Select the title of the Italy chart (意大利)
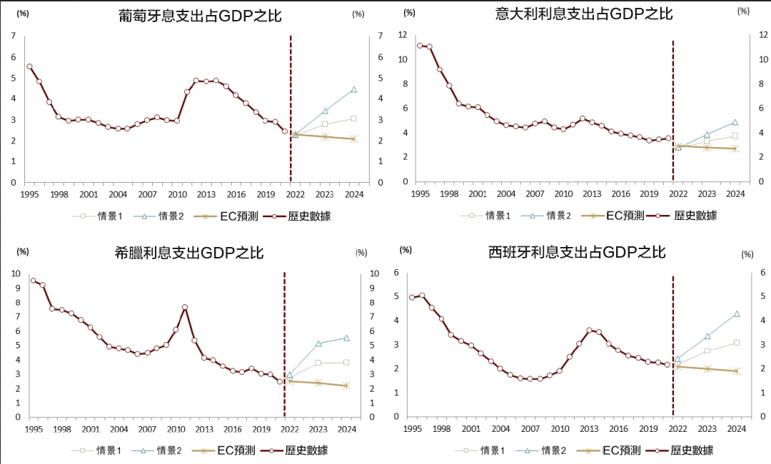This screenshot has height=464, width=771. point(584,14)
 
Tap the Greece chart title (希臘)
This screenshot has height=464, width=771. point(189,253)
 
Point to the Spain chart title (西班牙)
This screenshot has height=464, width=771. point(577,252)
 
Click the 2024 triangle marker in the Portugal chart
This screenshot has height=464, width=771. point(354,90)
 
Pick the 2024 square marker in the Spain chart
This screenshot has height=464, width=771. point(736,343)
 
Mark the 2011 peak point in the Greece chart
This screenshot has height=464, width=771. point(185,307)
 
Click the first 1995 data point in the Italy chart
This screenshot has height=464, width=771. point(420,46)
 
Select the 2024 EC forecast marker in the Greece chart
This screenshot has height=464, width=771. point(346,385)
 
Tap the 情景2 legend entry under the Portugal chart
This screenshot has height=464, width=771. point(161,216)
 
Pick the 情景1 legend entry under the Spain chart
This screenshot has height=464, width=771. point(483,450)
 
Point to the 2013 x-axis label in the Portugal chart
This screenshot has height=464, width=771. point(206,194)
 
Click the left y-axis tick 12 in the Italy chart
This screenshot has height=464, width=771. point(403,35)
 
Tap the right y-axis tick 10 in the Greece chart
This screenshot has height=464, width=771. point(375,273)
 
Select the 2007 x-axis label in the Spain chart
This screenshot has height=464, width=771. point(530,428)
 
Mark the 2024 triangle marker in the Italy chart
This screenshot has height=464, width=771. point(735,123)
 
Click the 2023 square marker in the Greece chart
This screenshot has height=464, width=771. point(318,363)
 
